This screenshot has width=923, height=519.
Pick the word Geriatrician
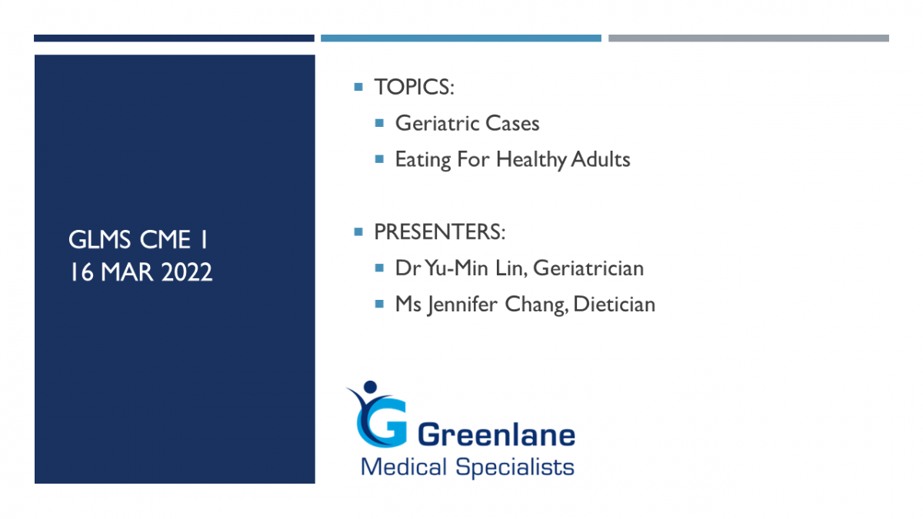tap(588, 268)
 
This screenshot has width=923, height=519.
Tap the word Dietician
tap(614, 304)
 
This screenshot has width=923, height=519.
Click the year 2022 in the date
tap(187, 272)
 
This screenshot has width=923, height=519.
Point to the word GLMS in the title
tap(99, 240)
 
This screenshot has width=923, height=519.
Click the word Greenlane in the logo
tap(497, 435)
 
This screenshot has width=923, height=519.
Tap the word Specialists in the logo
tap(515, 467)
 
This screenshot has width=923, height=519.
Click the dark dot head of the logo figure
tap(371, 387)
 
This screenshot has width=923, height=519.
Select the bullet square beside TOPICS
tap(358, 87)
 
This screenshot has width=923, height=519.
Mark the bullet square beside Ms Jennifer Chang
tap(379, 304)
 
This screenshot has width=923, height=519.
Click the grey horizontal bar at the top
tap(748, 38)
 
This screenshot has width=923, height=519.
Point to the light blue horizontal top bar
tap(461, 38)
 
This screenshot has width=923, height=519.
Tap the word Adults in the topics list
tap(601, 159)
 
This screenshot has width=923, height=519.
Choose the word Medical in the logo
tap(404, 467)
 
